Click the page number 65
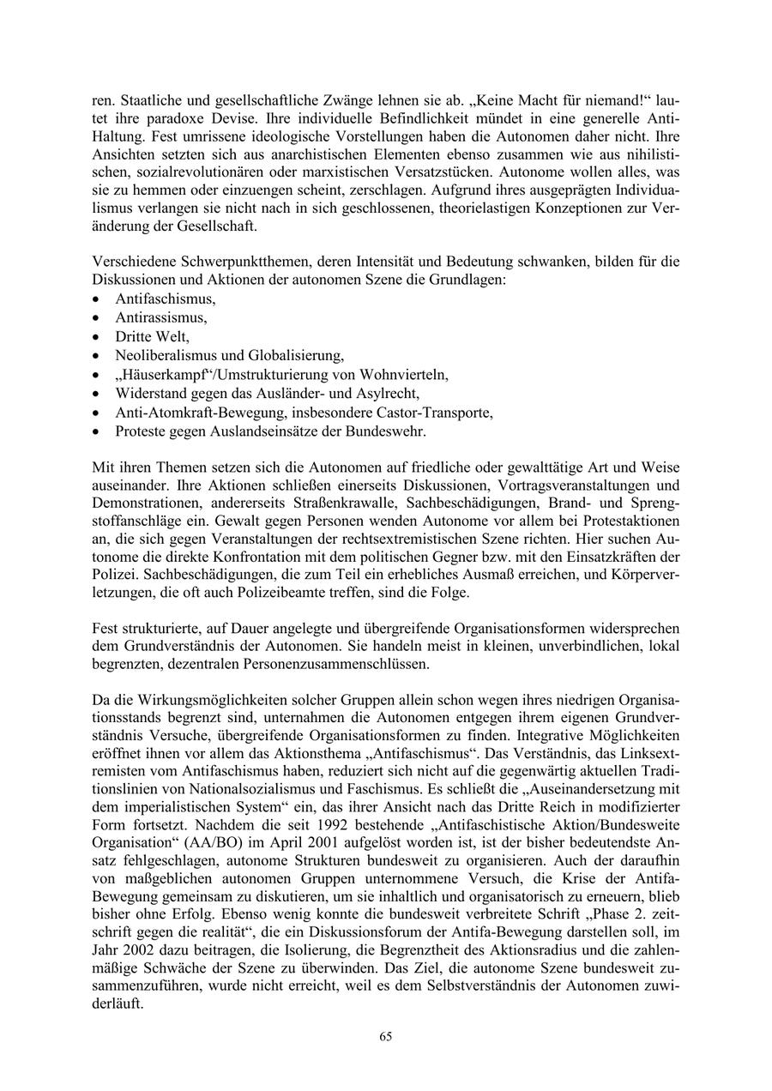386,1037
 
